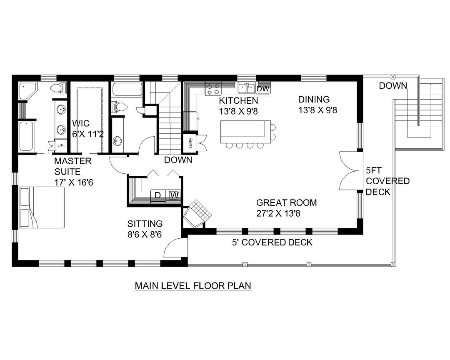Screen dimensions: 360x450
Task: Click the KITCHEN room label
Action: (239, 101)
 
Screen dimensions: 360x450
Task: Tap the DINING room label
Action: (314, 100)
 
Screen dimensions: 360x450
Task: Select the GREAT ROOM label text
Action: (286, 203)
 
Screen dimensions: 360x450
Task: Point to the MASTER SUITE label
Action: (72, 160)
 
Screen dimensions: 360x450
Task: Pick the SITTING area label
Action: (145, 224)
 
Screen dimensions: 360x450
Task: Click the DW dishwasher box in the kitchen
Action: (262, 88)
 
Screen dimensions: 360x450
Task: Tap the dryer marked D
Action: (158, 195)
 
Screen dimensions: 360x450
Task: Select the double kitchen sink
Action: (246, 87)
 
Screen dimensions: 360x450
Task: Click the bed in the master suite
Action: (42, 207)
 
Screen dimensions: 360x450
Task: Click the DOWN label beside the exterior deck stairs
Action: (393, 86)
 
